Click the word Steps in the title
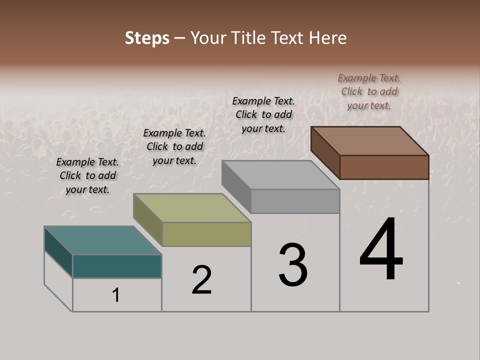pos(147,38)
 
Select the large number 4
pos(381,250)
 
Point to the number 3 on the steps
pos(293,264)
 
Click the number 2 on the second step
pos(202,280)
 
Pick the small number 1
pos(116,295)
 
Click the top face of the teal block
pos(102,240)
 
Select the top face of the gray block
pos(280,175)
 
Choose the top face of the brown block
pos(369,141)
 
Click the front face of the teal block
pos(117,266)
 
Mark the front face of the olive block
pos(206,234)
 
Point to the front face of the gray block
pos(295,201)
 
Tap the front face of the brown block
pos(384,167)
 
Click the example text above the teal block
pos(87,175)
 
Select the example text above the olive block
pos(174,146)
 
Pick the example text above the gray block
pos(263,114)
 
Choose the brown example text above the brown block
pos(369,91)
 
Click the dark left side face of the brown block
pos(325,152)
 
